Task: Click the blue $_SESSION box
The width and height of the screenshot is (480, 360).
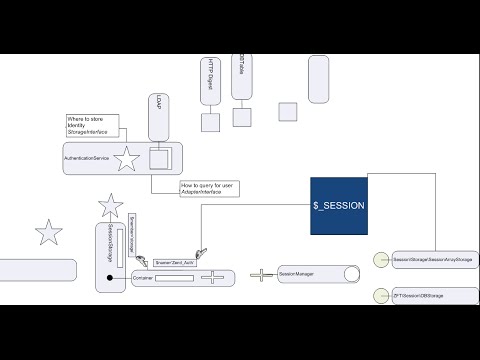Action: pyautogui.click(x=339, y=206)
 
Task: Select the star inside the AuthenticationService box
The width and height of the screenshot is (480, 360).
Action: pyautogui.click(x=127, y=158)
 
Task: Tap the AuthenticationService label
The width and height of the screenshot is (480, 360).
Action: pyautogui.click(x=87, y=158)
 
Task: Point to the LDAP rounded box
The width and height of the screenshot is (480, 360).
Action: pyautogui.click(x=158, y=117)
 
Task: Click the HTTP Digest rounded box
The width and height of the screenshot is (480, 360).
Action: pyautogui.click(x=210, y=82)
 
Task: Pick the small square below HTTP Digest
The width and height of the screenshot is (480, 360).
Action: pyautogui.click(x=210, y=122)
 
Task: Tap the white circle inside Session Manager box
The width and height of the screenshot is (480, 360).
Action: pyautogui.click(x=349, y=274)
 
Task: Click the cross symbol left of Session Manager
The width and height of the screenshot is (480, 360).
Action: pyautogui.click(x=261, y=274)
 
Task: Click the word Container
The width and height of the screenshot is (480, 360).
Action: pyautogui.click(x=142, y=279)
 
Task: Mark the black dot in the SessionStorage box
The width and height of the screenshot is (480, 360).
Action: pyautogui.click(x=110, y=277)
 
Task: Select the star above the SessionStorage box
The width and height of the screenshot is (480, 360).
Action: pyautogui.click(x=111, y=207)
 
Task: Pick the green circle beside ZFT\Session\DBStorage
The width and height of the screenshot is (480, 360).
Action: pyautogui.click(x=380, y=295)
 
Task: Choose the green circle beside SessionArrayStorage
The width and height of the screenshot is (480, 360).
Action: pyautogui.click(x=380, y=259)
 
